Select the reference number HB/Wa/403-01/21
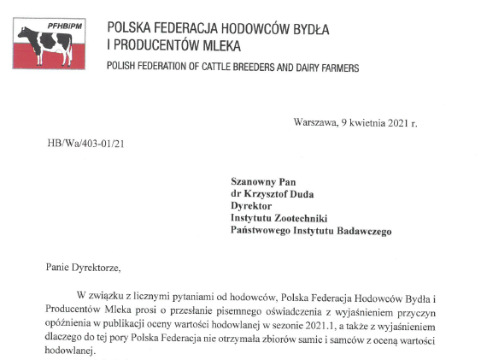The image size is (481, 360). coord(86,144)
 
